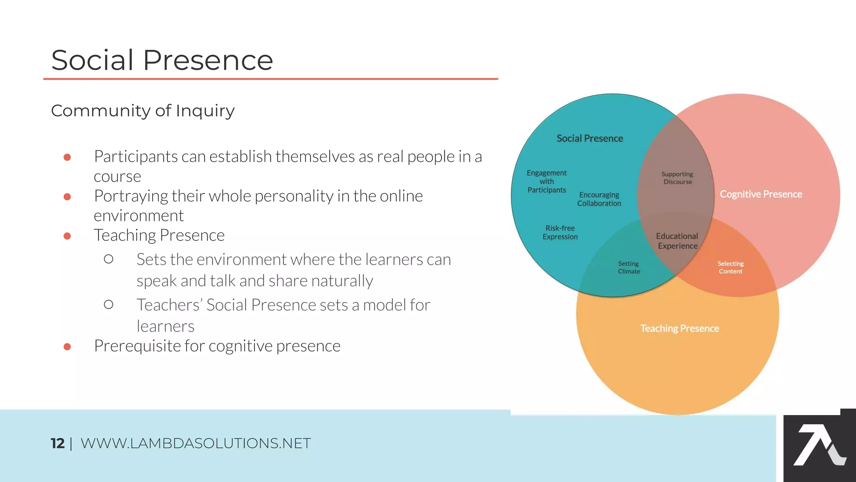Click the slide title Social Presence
[162, 60]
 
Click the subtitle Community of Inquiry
[143, 111]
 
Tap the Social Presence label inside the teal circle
[589, 138]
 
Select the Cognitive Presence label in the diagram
[761, 194]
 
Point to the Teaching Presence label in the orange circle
[680, 328]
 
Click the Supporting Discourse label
[677, 178]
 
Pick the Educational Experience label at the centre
[677, 241]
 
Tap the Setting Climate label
[629, 267]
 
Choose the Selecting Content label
[730, 267]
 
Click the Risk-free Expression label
[560, 232]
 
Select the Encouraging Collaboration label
[599, 199]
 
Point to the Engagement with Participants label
[546, 181]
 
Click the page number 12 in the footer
[57, 443]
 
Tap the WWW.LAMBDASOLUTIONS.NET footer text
[196, 443]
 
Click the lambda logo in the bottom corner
[819, 445]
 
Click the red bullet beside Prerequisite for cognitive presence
[67, 346]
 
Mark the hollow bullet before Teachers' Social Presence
[109, 305]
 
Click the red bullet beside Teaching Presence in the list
[67, 236]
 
